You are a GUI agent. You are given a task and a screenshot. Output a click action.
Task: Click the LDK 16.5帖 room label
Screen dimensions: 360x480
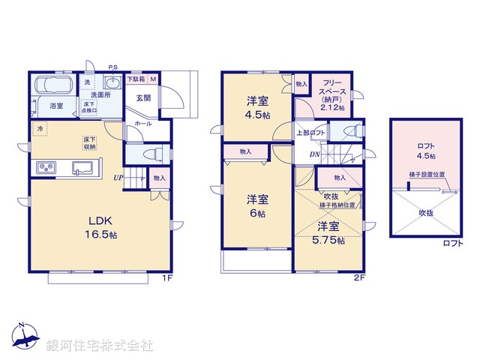103,227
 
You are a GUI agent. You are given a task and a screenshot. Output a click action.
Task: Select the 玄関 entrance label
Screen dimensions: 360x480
144,98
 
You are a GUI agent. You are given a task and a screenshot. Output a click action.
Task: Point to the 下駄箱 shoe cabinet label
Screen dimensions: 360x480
136,79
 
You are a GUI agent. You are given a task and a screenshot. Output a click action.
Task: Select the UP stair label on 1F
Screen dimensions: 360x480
118,178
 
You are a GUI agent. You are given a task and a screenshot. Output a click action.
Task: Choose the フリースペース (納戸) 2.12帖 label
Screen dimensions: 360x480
331,94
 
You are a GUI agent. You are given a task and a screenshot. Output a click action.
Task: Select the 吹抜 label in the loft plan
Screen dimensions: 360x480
424,212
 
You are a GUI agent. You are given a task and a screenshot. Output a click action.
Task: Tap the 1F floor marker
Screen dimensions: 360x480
169,278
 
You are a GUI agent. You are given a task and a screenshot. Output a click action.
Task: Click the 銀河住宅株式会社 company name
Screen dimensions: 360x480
100,346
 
